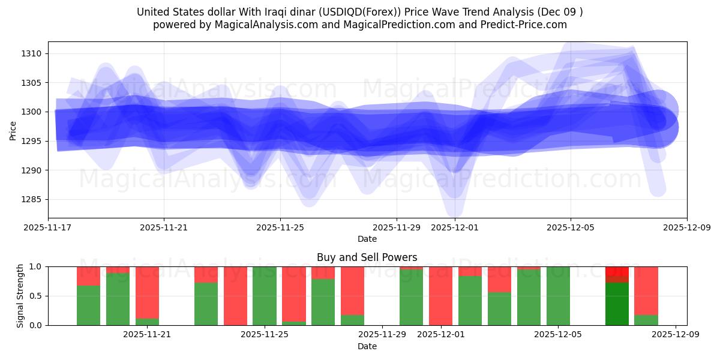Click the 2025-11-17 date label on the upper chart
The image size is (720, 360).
(48, 227)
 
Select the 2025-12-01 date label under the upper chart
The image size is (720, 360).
(454, 227)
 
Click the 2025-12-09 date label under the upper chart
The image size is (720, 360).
(686, 227)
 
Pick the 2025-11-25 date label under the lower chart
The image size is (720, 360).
(265, 335)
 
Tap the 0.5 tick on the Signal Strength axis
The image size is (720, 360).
(35, 296)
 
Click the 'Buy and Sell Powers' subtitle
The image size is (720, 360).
(367, 257)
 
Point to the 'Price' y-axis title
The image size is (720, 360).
(13, 130)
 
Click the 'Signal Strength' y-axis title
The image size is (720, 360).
(20, 296)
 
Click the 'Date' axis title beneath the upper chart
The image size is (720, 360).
(367, 239)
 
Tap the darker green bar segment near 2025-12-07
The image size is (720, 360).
(617, 304)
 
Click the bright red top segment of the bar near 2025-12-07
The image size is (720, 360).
(617, 271)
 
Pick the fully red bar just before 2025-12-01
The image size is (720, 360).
(440, 296)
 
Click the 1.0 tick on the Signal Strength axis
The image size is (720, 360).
(35, 266)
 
